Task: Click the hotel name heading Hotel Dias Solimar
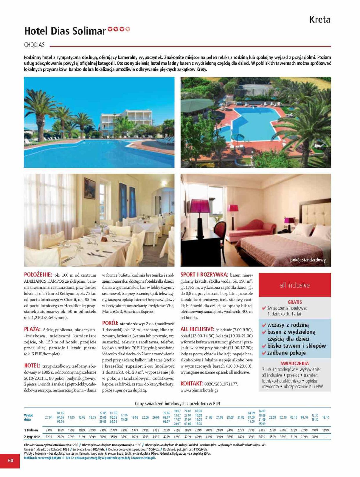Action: (65, 31)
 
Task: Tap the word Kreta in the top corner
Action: (320, 20)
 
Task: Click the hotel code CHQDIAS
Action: (34, 45)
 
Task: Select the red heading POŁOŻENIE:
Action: (38, 275)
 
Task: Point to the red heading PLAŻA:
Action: (32, 329)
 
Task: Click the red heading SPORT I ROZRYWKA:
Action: (204, 275)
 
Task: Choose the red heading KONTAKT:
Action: (192, 384)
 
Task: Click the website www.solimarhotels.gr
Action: (199, 390)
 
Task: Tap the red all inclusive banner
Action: (294, 285)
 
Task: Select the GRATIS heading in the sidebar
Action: (294, 302)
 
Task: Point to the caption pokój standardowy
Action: (308, 260)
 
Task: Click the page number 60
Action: (10, 460)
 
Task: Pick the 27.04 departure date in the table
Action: (49, 417)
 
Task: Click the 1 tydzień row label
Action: (31, 430)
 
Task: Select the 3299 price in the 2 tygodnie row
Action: (49, 437)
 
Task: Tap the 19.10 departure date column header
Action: (325, 417)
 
